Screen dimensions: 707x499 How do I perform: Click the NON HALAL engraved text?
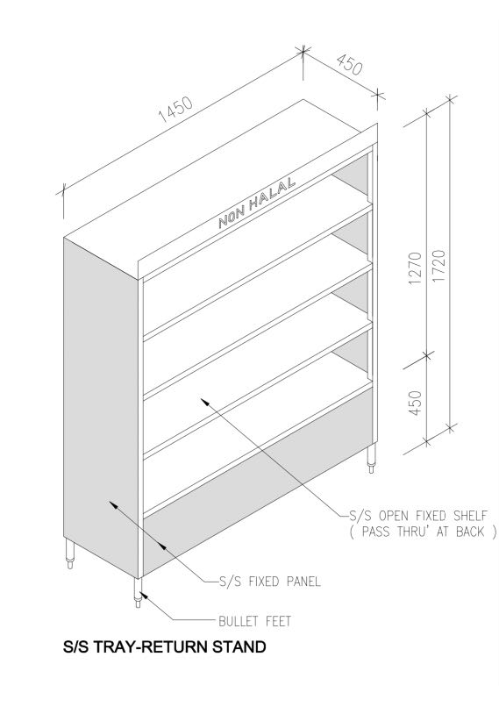(257, 205)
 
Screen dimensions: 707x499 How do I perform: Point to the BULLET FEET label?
(254, 621)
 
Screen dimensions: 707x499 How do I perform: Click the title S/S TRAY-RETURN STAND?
(163, 648)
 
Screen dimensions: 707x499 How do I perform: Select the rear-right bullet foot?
(372, 459)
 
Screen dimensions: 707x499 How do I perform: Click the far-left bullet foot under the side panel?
(70, 554)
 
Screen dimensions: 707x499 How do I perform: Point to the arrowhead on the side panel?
(111, 503)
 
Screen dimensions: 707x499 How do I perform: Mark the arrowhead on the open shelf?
(204, 399)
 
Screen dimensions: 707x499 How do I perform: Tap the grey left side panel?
(101, 395)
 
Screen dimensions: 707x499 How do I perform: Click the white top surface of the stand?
(219, 175)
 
